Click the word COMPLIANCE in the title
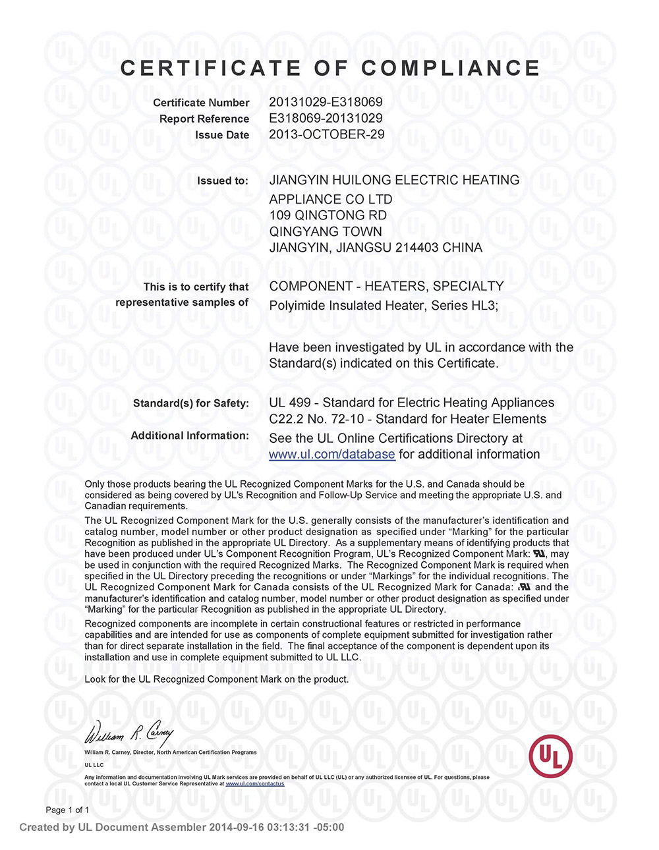pos(451,68)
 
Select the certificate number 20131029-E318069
pos(326,102)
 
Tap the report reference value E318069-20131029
pos(326,119)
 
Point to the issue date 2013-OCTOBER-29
pos(327,134)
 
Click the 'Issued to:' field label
pos(223,181)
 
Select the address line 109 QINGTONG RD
pos(328,215)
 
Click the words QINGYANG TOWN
pos(326,231)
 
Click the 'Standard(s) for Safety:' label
pos(190,403)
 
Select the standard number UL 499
pos(289,403)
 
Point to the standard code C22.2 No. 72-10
pos(316,419)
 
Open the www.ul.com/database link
pos(331,455)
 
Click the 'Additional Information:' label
pos(190,436)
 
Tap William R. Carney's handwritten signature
pos(129,731)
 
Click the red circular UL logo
pos(550,755)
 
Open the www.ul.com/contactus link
pos(255,783)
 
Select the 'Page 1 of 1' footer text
pos(67,810)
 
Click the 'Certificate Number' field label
pos(201,103)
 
